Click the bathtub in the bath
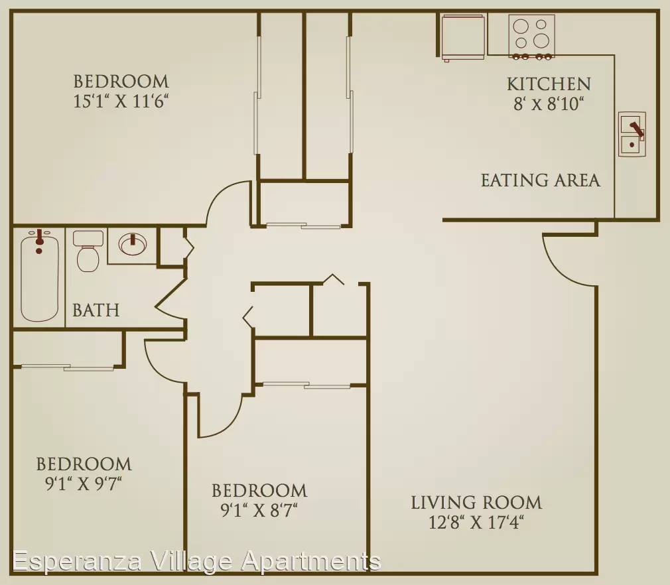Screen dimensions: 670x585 [x=39, y=277]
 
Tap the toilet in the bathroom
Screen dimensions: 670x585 [x=88, y=251]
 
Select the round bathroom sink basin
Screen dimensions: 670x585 [x=133, y=245]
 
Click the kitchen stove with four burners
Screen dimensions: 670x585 [x=531, y=36]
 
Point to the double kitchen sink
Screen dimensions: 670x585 [x=632, y=134]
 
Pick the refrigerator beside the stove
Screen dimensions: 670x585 [x=463, y=36]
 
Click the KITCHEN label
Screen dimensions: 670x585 [x=549, y=84]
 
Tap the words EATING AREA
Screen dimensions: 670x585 [x=540, y=180]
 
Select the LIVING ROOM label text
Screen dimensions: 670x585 [x=476, y=503]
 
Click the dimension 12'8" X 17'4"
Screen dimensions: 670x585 [x=476, y=522]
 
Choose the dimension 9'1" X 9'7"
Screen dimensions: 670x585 [x=84, y=484]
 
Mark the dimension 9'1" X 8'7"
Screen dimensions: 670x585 [x=259, y=510]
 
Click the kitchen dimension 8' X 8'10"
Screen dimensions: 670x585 [x=549, y=104]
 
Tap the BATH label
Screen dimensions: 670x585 [x=96, y=310]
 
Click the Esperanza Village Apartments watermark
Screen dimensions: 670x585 [x=196, y=561]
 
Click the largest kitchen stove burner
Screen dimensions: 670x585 [x=541, y=41]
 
